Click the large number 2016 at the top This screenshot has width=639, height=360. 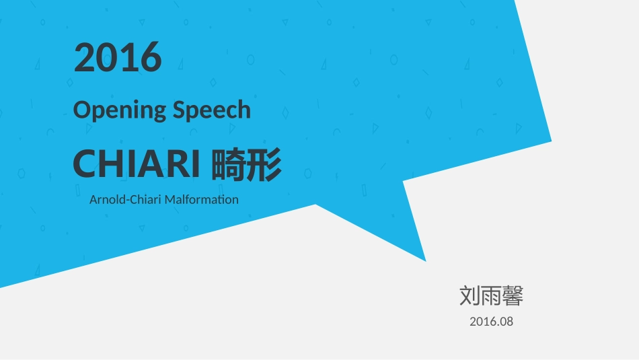coord(118,57)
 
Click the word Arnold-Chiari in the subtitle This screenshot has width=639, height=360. coord(126,199)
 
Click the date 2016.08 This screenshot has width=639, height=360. coord(491,322)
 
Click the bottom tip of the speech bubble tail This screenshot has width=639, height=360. coord(425,260)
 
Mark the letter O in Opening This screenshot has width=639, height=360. coord(81,109)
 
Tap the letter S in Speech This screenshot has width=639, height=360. coord(178,109)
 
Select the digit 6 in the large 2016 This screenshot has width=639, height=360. coord(151,57)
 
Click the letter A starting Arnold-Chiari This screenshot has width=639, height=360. coord(93,199)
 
